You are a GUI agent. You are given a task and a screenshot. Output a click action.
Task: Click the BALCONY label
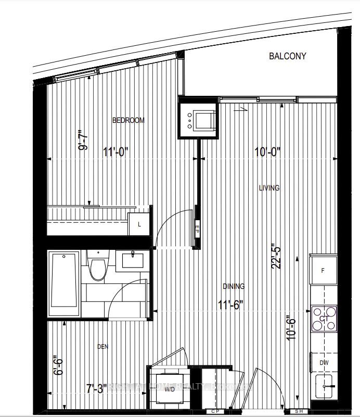coord(288,56)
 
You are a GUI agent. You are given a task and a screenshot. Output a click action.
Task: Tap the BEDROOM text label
coord(128,120)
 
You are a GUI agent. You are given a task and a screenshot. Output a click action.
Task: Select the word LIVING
coord(269,188)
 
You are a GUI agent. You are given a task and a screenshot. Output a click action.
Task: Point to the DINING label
coord(234,286)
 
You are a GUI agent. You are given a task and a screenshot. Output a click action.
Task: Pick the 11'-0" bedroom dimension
coord(115,152)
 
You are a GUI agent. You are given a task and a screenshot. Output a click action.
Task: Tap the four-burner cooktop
coord(324,319)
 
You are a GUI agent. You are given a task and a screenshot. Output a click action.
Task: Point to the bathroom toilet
coord(97,267)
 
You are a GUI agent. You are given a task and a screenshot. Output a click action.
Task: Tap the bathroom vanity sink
coord(134,260)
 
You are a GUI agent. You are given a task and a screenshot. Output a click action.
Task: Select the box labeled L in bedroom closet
coord(139,225)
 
